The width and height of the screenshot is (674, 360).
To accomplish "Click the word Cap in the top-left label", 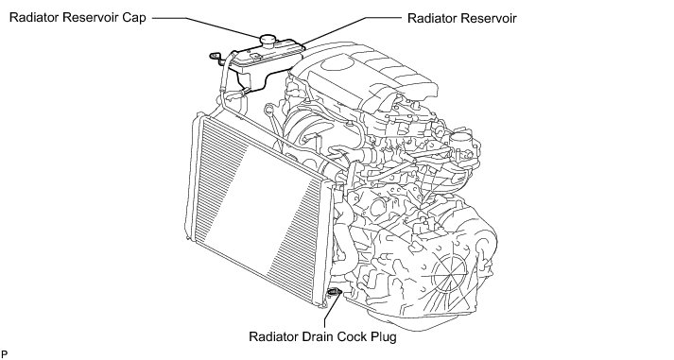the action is [x=135, y=19].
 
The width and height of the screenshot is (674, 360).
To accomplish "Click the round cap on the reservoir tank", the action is [x=269, y=40].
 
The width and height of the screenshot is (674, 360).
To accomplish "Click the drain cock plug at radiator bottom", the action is [x=334, y=292].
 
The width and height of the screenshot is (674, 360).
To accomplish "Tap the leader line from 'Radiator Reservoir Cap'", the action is [x=205, y=26].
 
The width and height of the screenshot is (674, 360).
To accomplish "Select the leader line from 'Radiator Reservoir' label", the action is [x=352, y=30].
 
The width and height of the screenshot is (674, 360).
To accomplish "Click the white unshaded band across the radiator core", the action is [x=261, y=211].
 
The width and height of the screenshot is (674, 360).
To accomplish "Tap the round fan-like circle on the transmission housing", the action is [x=450, y=272].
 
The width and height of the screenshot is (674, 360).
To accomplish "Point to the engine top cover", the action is [x=366, y=77].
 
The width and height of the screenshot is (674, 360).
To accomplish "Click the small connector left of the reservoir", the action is [x=215, y=57].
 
